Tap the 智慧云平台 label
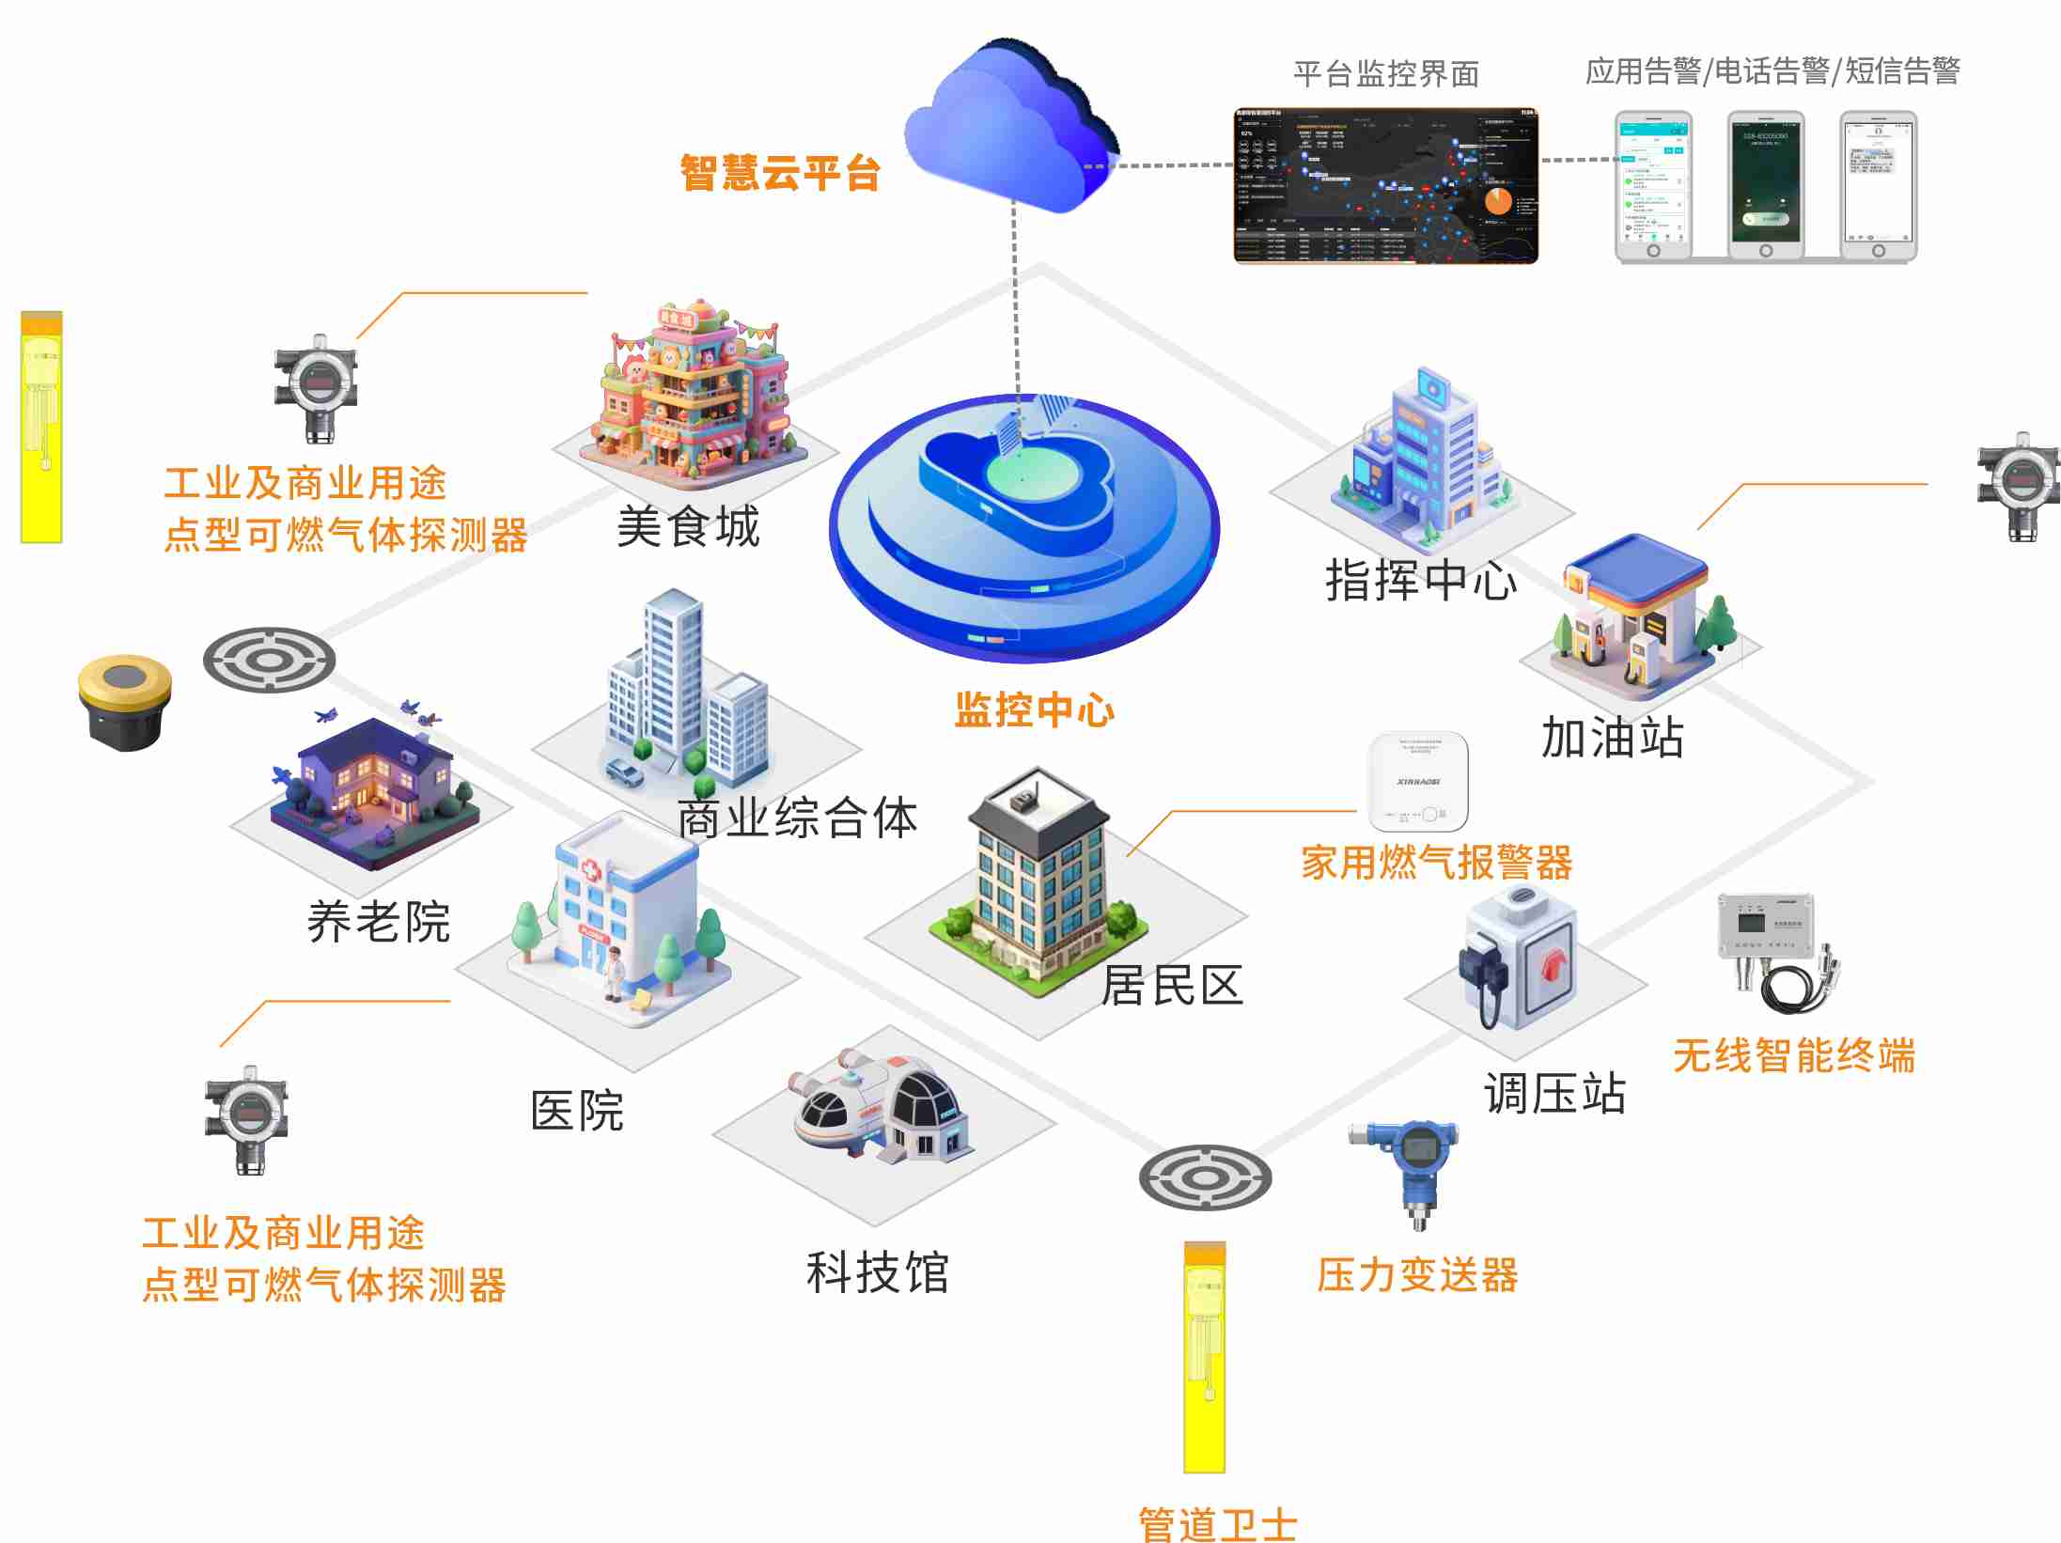(x=779, y=173)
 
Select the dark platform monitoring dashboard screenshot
(x=1385, y=186)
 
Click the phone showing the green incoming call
(x=1766, y=186)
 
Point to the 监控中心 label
(x=1034, y=709)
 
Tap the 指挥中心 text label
(x=1420, y=580)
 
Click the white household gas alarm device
(x=1418, y=782)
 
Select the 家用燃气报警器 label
(x=1436, y=862)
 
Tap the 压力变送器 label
(x=1417, y=1275)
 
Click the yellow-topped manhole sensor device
(x=125, y=700)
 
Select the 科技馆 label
(x=877, y=1272)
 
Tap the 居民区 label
(x=1172, y=985)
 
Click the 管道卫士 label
(x=1218, y=1522)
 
